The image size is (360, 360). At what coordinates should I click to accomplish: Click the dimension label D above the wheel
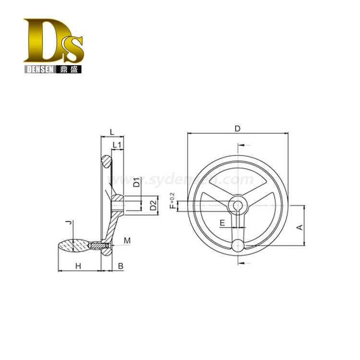pos(238,129)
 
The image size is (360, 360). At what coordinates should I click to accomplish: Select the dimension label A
pos(300,228)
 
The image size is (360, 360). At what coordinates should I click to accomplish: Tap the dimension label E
pos(222,223)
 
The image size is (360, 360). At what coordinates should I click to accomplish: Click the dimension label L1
pos(117,145)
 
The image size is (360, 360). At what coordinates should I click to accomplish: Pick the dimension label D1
pos(136,182)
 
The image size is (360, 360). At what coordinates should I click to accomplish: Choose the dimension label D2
pos(153,205)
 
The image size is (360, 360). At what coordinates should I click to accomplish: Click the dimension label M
pos(127,240)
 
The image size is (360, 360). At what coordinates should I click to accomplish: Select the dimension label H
pos(78,266)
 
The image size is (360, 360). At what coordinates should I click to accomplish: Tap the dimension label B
pos(120,266)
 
